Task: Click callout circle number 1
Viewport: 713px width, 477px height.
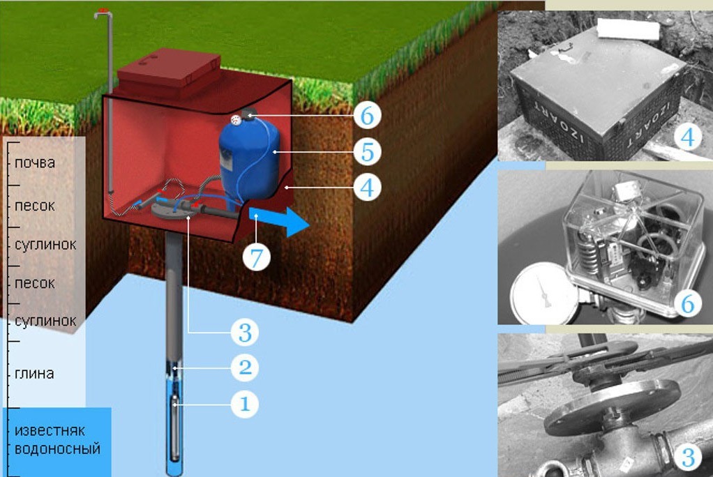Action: (x=245, y=404)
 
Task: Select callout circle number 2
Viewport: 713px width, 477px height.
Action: (x=245, y=367)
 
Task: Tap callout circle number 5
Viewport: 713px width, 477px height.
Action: (x=367, y=151)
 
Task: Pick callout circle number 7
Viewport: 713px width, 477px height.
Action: (x=257, y=257)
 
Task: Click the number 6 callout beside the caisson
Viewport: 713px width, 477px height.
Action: (x=367, y=116)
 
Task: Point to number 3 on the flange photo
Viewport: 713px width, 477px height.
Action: (x=688, y=457)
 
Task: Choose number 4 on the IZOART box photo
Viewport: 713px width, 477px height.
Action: (x=688, y=137)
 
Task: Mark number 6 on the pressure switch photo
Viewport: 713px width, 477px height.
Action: (x=688, y=303)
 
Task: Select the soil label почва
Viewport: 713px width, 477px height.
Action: (x=35, y=162)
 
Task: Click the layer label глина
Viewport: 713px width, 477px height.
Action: (x=34, y=374)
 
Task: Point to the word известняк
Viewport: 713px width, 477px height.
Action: (x=50, y=430)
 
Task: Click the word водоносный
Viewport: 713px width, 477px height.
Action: (x=57, y=449)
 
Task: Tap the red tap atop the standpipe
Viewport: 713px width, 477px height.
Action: (x=104, y=9)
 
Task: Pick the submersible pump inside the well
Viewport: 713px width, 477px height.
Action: (x=174, y=427)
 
